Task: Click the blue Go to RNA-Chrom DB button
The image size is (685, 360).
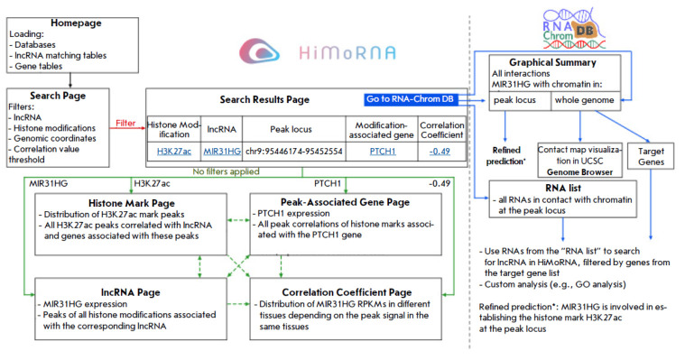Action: (x=411, y=99)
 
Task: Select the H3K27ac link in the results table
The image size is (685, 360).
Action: (x=174, y=152)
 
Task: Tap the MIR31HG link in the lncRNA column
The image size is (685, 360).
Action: (x=222, y=152)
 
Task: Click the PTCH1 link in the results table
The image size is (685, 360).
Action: (x=383, y=152)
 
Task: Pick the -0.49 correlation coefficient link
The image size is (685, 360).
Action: (x=440, y=152)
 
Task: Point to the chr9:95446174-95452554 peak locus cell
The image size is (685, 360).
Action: (x=294, y=152)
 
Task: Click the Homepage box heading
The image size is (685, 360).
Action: (x=76, y=23)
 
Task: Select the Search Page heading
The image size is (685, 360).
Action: (x=58, y=96)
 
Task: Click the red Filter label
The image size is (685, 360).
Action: (x=125, y=124)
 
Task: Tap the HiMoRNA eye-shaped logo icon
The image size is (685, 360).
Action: (x=259, y=51)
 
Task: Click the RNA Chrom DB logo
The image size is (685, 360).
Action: (x=574, y=29)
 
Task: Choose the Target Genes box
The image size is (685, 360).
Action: (x=651, y=156)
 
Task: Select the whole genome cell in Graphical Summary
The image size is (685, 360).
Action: (x=585, y=100)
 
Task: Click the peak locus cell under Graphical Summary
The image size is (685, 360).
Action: (x=514, y=100)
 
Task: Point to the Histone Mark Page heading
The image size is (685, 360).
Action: (x=132, y=203)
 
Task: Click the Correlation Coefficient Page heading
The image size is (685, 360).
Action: (x=347, y=292)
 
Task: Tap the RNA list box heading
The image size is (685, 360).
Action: (x=563, y=189)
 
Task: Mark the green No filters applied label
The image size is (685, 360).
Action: (x=226, y=171)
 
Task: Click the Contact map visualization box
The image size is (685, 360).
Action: (x=579, y=161)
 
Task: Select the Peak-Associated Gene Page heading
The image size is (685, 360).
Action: (x=345, y=202)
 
